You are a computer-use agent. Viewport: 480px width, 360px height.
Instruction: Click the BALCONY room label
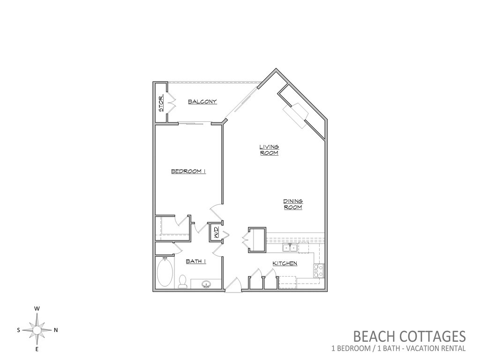[202, 102]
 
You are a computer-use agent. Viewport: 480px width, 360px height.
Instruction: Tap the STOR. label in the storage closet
[161, 103]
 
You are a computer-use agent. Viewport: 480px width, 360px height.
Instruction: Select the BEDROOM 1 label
[188, 171]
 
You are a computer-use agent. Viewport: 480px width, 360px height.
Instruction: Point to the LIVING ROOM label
[269, 150]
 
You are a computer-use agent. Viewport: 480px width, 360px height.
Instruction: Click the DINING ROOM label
[293, 204]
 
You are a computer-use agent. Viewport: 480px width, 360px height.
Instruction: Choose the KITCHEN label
[285, 263]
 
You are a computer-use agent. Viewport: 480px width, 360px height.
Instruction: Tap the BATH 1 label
[196, 261]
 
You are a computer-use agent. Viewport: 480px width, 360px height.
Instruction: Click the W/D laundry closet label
[215, 232]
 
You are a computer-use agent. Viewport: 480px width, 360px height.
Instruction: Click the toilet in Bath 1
[182, 282]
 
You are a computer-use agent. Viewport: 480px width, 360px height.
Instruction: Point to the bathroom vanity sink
[207, 285]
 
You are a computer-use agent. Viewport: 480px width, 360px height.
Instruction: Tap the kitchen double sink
[290, 248]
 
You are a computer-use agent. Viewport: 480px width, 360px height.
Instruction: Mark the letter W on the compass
[37, 309]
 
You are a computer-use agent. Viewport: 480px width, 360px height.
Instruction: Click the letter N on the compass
[56, 330]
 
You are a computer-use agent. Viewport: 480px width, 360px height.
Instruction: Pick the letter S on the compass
[19, 330]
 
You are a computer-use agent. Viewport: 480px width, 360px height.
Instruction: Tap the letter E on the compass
[37, 349]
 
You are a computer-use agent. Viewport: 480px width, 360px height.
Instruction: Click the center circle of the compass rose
[37, 330]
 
